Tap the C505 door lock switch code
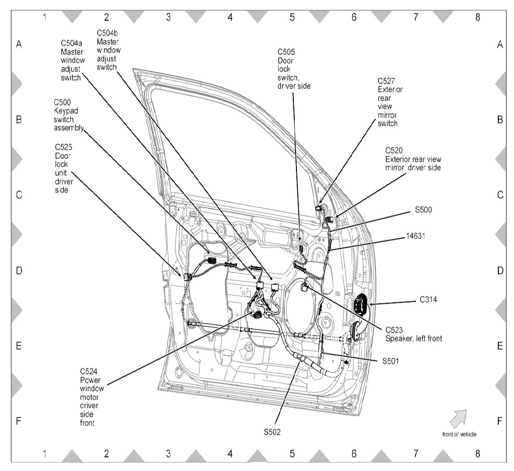coord(286,52)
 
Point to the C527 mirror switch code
coord(386,81)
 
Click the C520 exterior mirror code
coord(394,151)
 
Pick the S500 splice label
coord(423,209)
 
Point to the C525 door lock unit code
coord(64,147)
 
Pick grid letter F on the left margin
coord(19,421)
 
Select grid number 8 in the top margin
coord(477,17)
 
